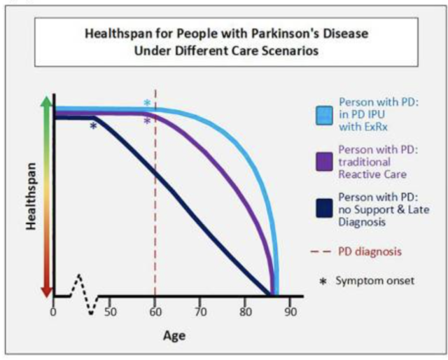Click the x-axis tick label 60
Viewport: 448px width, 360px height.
tap(154, 312)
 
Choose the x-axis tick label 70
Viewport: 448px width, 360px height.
tap(199, 312)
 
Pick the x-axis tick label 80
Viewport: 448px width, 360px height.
tap(244, 312)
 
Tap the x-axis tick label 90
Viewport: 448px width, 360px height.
tap(290, 312)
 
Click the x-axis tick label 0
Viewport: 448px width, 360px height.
tap(53, 312)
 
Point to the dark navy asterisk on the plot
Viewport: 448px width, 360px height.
tap(93, 126)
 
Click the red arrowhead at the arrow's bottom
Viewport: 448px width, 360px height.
tap(47, 291)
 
